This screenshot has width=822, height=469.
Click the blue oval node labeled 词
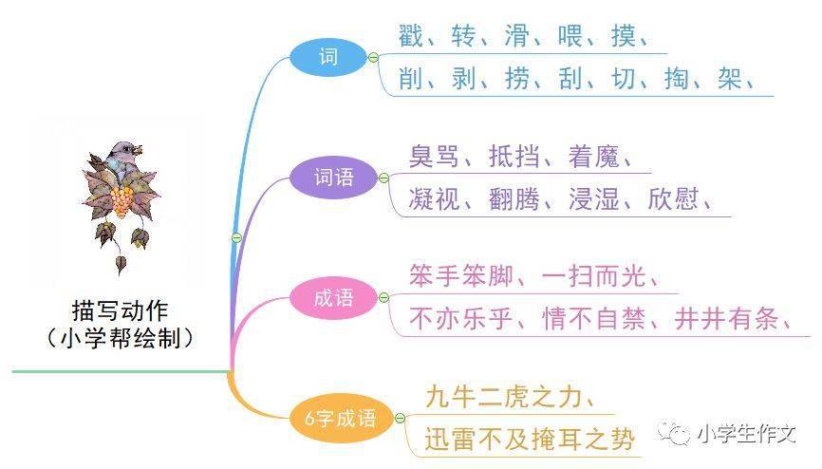(328, 57)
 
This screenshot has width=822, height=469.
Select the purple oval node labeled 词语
(333, 178)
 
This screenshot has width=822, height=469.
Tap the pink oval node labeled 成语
(333, 298)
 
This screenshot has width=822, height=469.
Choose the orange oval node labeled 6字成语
(341, 418)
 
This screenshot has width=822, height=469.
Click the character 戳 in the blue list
(410, 36)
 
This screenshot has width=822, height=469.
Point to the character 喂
(570, 36)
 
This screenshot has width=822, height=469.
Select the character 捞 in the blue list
(517, 79)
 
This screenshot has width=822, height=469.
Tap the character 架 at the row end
(730, 79)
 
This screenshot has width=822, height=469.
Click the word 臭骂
(434, 156)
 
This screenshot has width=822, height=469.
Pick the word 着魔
(593, 156)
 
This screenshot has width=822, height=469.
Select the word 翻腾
(514, 198)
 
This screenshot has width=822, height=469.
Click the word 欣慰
(674, 198)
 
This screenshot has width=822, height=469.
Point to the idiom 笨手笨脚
(460, 276)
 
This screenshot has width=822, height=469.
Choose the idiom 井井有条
(726, 319)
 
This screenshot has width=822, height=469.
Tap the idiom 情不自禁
(593, 319)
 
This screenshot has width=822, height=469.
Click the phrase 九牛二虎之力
(503, 397)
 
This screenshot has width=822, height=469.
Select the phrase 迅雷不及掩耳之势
(530, 440)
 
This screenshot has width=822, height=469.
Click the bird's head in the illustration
(124, 152)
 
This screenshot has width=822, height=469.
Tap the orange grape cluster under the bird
(121, 201)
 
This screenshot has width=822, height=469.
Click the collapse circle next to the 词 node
(373, 57)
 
